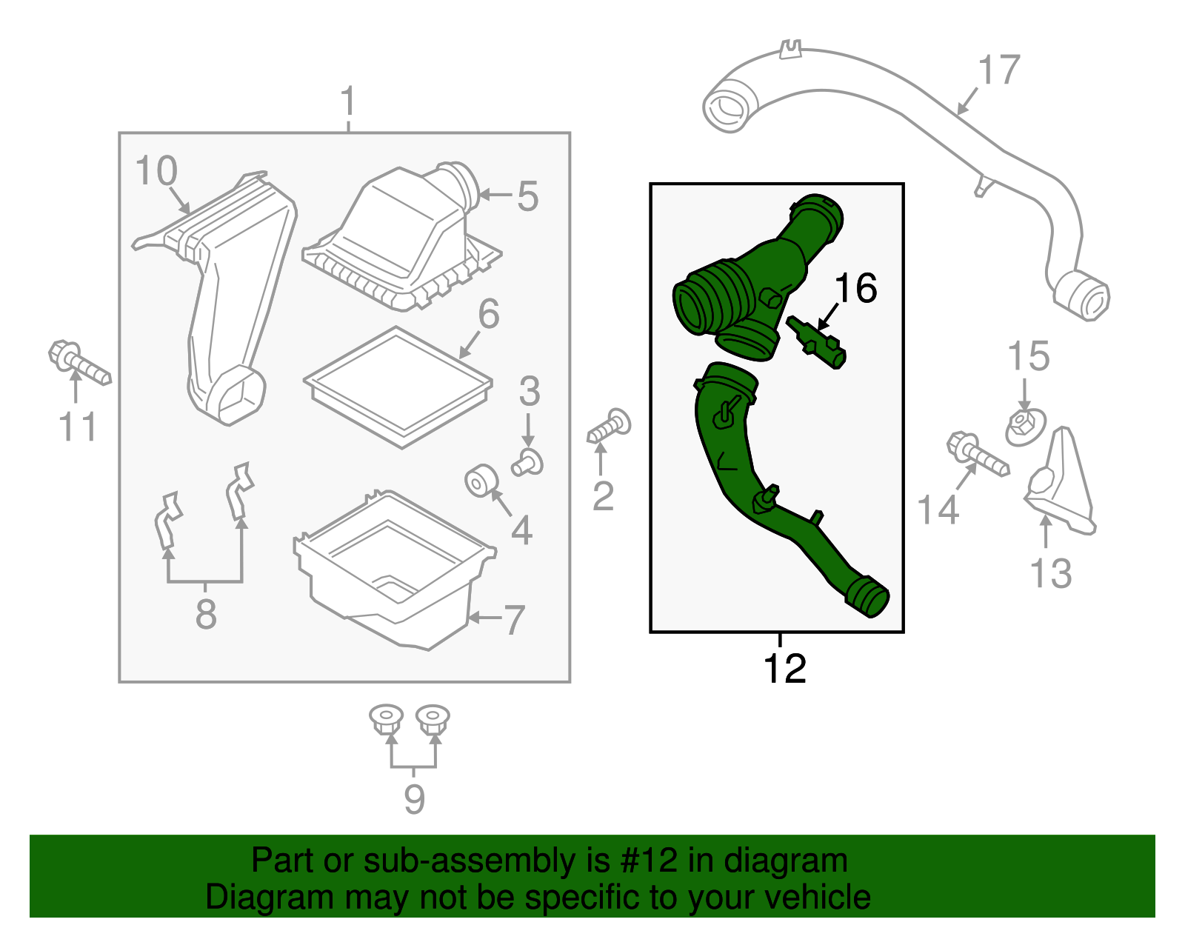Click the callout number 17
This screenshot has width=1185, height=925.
999,70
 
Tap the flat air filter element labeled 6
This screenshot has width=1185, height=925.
398,387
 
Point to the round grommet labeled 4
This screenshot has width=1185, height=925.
478,482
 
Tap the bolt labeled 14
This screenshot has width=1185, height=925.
977,454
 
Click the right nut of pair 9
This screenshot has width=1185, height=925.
433,720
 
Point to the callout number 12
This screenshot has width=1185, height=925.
784,669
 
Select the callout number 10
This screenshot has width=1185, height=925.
156,171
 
